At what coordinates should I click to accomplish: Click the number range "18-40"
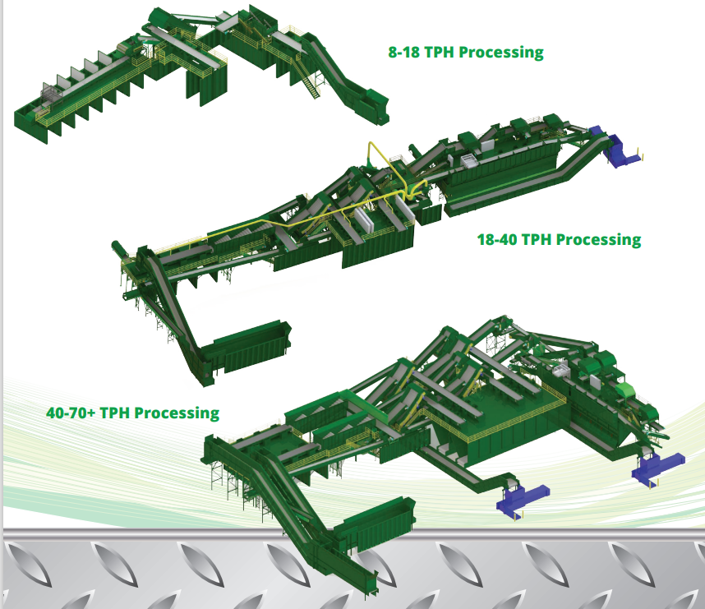click(x=497, y=240)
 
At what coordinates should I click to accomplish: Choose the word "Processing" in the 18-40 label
click(x=599, y=240)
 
